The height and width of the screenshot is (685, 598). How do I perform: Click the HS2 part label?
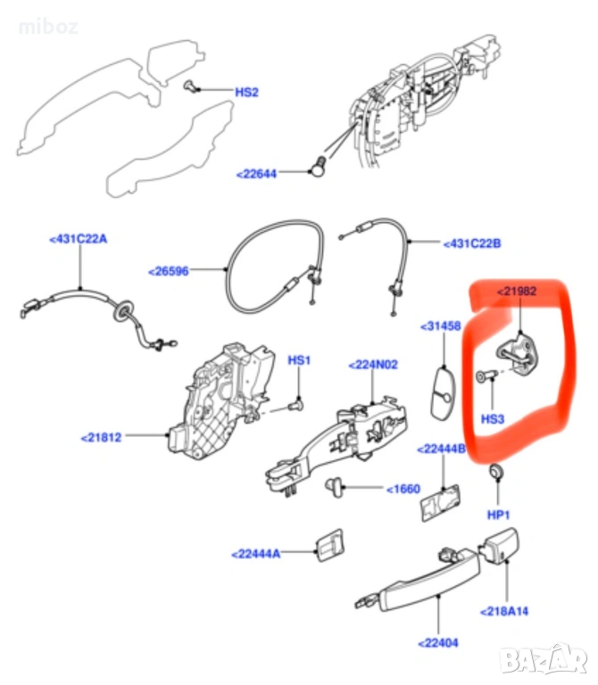[x=246, y=92]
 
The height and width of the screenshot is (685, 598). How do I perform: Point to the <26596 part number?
[x=169, y=270]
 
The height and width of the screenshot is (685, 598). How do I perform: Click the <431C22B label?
[x=472, y=243]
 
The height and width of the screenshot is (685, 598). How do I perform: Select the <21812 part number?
[x=102, y=437]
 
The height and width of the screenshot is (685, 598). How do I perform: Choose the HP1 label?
[x=498, y=515]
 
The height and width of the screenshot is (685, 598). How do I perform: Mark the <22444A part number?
[x=255, y=554]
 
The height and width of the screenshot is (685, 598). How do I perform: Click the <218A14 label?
[x=505, y=612]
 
